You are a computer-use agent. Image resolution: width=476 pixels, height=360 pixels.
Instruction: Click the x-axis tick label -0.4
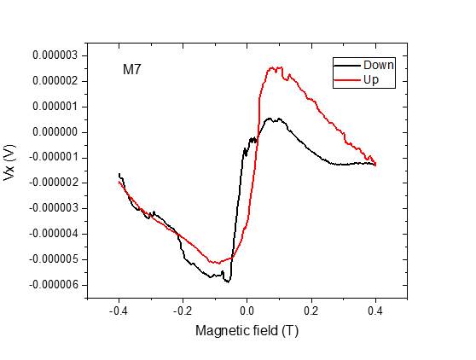tap(119, 311)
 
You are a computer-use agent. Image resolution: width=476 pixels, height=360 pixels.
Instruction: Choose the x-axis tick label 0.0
tap(247, 311)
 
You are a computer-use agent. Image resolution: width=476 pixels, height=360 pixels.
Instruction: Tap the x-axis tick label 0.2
tap(311, 311)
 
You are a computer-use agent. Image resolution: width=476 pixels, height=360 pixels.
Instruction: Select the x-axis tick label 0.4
tap(375, 311)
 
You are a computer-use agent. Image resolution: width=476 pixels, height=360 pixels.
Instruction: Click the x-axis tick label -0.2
tap(183, 311)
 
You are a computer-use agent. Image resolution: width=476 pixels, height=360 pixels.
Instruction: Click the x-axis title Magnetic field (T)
tap(247, 330)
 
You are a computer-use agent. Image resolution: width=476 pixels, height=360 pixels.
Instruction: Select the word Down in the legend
tap(378, 66)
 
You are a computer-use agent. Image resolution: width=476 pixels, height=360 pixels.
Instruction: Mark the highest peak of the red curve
tap(275, 67)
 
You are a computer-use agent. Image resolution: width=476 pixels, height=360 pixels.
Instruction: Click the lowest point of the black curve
tap(227, 281)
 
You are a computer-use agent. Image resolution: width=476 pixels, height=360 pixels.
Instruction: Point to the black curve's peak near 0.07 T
tap(270, 119)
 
